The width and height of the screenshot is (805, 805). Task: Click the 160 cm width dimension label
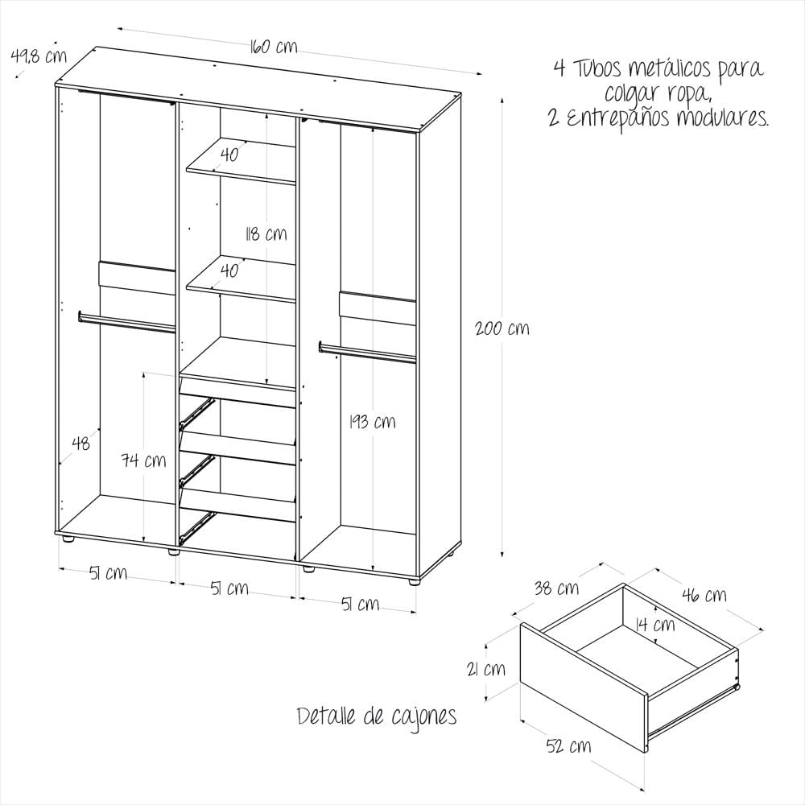coord(274,47)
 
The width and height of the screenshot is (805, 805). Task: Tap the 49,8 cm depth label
coord(39,56)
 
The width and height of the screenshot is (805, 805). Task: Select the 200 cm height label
coord(502,328)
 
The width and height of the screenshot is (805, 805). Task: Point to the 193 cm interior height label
coord(372,422)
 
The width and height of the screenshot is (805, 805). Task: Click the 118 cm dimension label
coord(266,234)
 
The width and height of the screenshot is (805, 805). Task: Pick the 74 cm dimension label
coord(144,460)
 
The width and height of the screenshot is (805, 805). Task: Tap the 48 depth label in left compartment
coord(80,443)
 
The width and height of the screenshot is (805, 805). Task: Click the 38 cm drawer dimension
coord(556,588)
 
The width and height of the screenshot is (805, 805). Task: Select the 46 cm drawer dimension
coord(704,595)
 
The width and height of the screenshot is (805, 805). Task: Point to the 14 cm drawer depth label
coord(655,625)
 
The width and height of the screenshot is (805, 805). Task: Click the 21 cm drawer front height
coord(485,669)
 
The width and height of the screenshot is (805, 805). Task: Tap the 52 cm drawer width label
coord(568,746)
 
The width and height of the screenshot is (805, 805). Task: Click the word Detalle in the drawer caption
coord(327,716)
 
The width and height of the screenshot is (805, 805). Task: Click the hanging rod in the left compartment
coord(126,323)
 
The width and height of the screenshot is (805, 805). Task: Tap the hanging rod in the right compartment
coord(367,353)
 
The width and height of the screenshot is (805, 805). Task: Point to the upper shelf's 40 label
coord(229,154)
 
